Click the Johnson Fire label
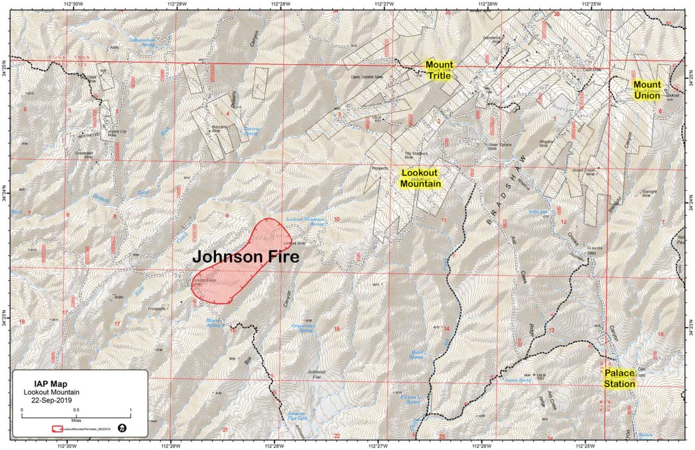(245, 257)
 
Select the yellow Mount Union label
(647, 90)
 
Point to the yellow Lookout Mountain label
(421, 179)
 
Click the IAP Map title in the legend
(51, 383)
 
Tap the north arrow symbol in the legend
(122, 428)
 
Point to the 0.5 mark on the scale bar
(76, 409)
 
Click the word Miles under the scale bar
(76, 421)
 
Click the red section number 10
(336, 219)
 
